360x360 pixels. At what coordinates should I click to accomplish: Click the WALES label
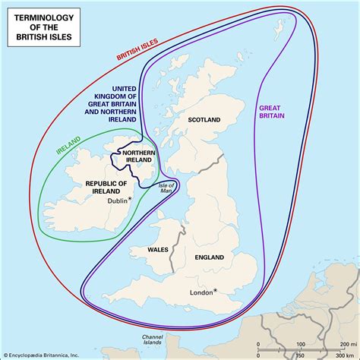click(x=158, y=249)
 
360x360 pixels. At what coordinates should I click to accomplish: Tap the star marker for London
click(x=215, y=290)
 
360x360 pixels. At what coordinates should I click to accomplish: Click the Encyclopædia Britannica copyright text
click(x=46, y=354)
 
